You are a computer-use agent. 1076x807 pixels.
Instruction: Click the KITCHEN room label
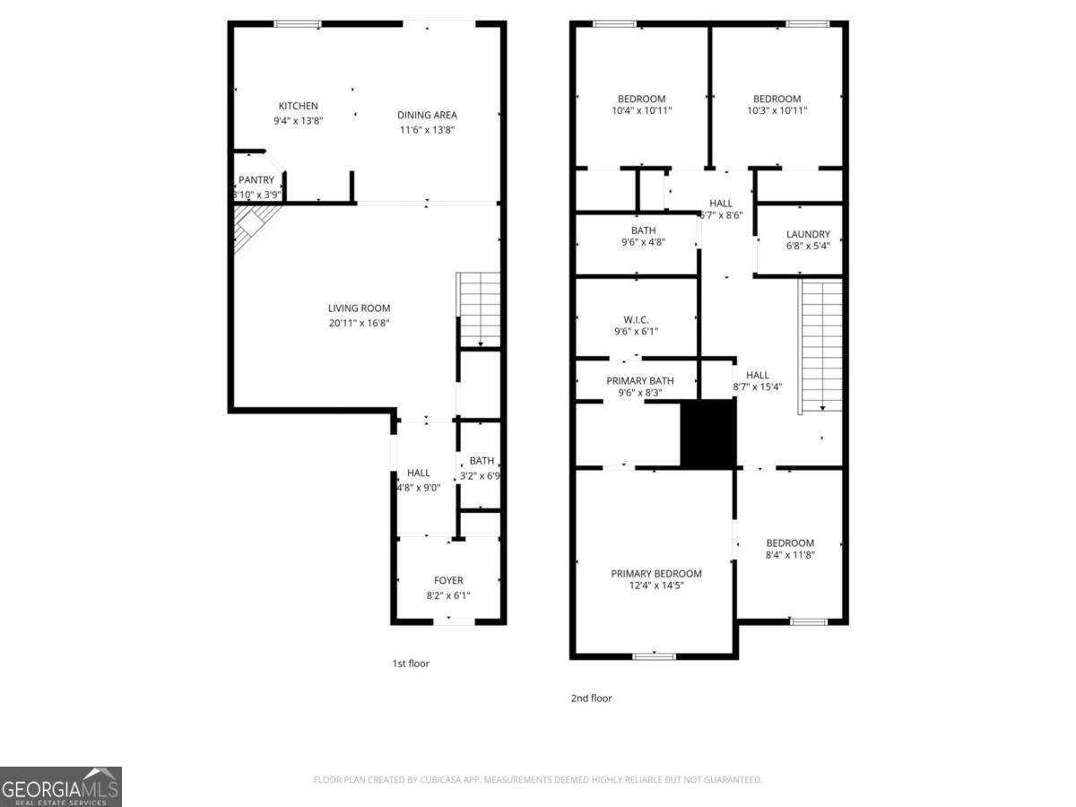(x=298, y=106)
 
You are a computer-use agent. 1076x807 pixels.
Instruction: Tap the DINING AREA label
(x=428, y=115)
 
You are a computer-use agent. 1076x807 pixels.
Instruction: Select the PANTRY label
(x=256, y=180)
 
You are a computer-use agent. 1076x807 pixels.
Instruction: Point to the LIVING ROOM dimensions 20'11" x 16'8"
(x=359, y=323)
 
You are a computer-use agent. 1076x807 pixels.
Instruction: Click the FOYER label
(x=448, y=580)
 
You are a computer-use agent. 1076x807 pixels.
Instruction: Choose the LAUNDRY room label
(x=808, y=234)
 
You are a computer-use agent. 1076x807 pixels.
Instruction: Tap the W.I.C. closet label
(x=636, y=319)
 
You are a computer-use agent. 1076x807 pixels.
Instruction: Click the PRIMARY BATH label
(x=639, y=381)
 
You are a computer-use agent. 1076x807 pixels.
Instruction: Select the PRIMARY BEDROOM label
(x=656, y=574)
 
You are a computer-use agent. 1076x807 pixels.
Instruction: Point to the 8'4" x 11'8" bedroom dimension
(x=790, y=555)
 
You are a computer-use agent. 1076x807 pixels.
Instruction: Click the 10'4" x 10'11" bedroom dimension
(x=641, y=110)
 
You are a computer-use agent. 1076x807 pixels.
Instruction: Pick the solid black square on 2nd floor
(x=708, y=434)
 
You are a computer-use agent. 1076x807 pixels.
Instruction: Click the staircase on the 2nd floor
(x=821, y=344)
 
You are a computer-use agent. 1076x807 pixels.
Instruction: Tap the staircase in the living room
(x=480, y=309)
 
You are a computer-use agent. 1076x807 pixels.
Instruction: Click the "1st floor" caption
(x=412, y=664)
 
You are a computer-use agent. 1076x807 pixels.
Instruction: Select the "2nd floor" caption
(x=591, y=698)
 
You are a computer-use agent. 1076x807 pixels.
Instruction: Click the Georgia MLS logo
(x=61, y=786)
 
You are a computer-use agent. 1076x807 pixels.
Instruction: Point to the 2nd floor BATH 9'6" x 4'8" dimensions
(x=643, y=242)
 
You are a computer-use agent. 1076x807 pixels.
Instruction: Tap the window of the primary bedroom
(x=654, y=656)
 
